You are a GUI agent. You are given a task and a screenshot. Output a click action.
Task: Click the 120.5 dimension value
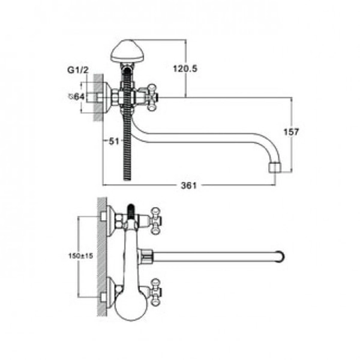coord(185,68)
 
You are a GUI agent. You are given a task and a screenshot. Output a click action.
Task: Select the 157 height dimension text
coord(292,132)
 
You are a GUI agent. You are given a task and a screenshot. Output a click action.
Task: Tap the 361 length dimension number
coord(189,185)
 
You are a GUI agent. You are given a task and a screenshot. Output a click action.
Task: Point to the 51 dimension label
coord(114,141)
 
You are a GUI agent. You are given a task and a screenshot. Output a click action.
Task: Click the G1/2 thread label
coord(78,70)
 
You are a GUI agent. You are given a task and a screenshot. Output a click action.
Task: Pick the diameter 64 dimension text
coord(77,97)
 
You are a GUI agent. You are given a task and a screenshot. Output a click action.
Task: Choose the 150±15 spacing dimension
coord(81,256)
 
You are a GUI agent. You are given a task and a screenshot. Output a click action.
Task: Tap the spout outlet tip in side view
coord(275,168)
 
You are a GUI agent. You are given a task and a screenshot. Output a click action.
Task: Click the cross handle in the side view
coord(152,98)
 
